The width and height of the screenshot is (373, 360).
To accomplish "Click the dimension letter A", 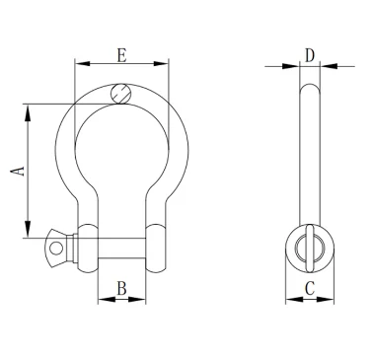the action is coord(18,172).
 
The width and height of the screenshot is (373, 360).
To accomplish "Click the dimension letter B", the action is coord(121,288).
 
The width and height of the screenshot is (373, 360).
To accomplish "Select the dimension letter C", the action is coord(310,288).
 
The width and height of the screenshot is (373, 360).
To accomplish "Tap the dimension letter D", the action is coord(310,55).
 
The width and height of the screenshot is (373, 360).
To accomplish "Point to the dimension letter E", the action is coord(121,55).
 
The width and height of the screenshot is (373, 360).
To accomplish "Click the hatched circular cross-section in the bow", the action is coord(121,94).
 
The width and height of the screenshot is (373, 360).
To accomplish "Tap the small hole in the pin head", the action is coord(56,249).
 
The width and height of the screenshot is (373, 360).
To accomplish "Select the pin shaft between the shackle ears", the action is coord(121,249).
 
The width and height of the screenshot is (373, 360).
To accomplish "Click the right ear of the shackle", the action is coord(156,249).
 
